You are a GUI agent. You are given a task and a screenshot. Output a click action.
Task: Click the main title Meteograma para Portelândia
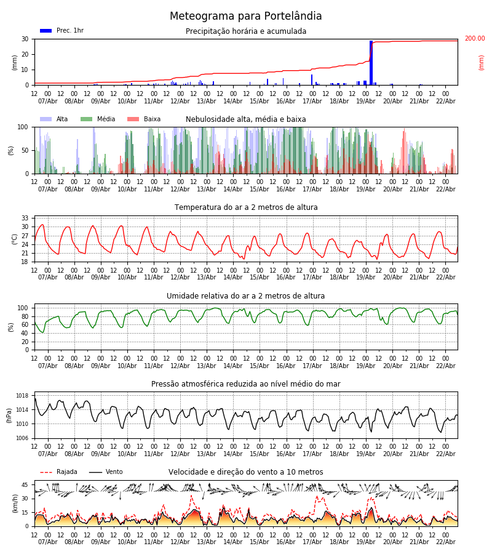tap(245, 17)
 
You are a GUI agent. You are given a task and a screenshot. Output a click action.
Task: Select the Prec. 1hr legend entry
tap(61, 31)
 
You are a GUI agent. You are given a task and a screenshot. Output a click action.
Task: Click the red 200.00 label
tap(474, 39)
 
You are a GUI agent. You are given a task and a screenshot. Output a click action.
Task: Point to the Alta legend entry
tap(55, 119)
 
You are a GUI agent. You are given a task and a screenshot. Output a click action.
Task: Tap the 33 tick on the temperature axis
tap(26, 219)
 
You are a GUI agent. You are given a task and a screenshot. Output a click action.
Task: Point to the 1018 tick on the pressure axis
tap(22, 396)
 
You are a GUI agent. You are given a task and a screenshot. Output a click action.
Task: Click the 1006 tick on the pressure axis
tap(22, 438)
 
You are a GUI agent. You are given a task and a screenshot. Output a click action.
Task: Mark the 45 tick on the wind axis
tap(26, 485)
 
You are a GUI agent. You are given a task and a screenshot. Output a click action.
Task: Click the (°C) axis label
tap(15, 239)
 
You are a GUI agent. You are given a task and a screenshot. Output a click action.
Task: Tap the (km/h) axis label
tap(15, 504)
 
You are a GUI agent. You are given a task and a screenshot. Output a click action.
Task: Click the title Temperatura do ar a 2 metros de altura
tap(246, 207)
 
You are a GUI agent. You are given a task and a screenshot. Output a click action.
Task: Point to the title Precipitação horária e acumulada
tap(246, 31)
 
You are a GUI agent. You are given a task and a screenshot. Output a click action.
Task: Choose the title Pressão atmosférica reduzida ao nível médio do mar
tap(246, 384)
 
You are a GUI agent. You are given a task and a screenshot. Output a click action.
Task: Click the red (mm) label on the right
tap(482, 62)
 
